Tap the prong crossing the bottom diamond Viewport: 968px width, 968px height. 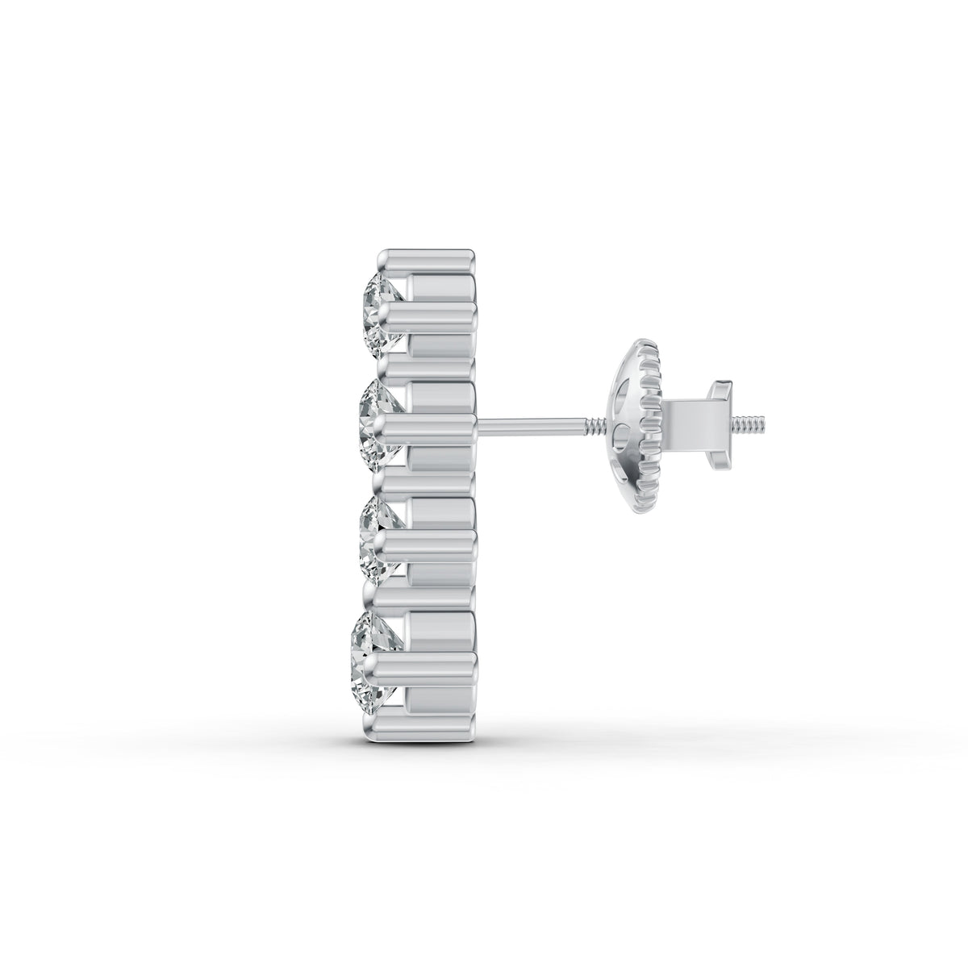pos(428,660)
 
